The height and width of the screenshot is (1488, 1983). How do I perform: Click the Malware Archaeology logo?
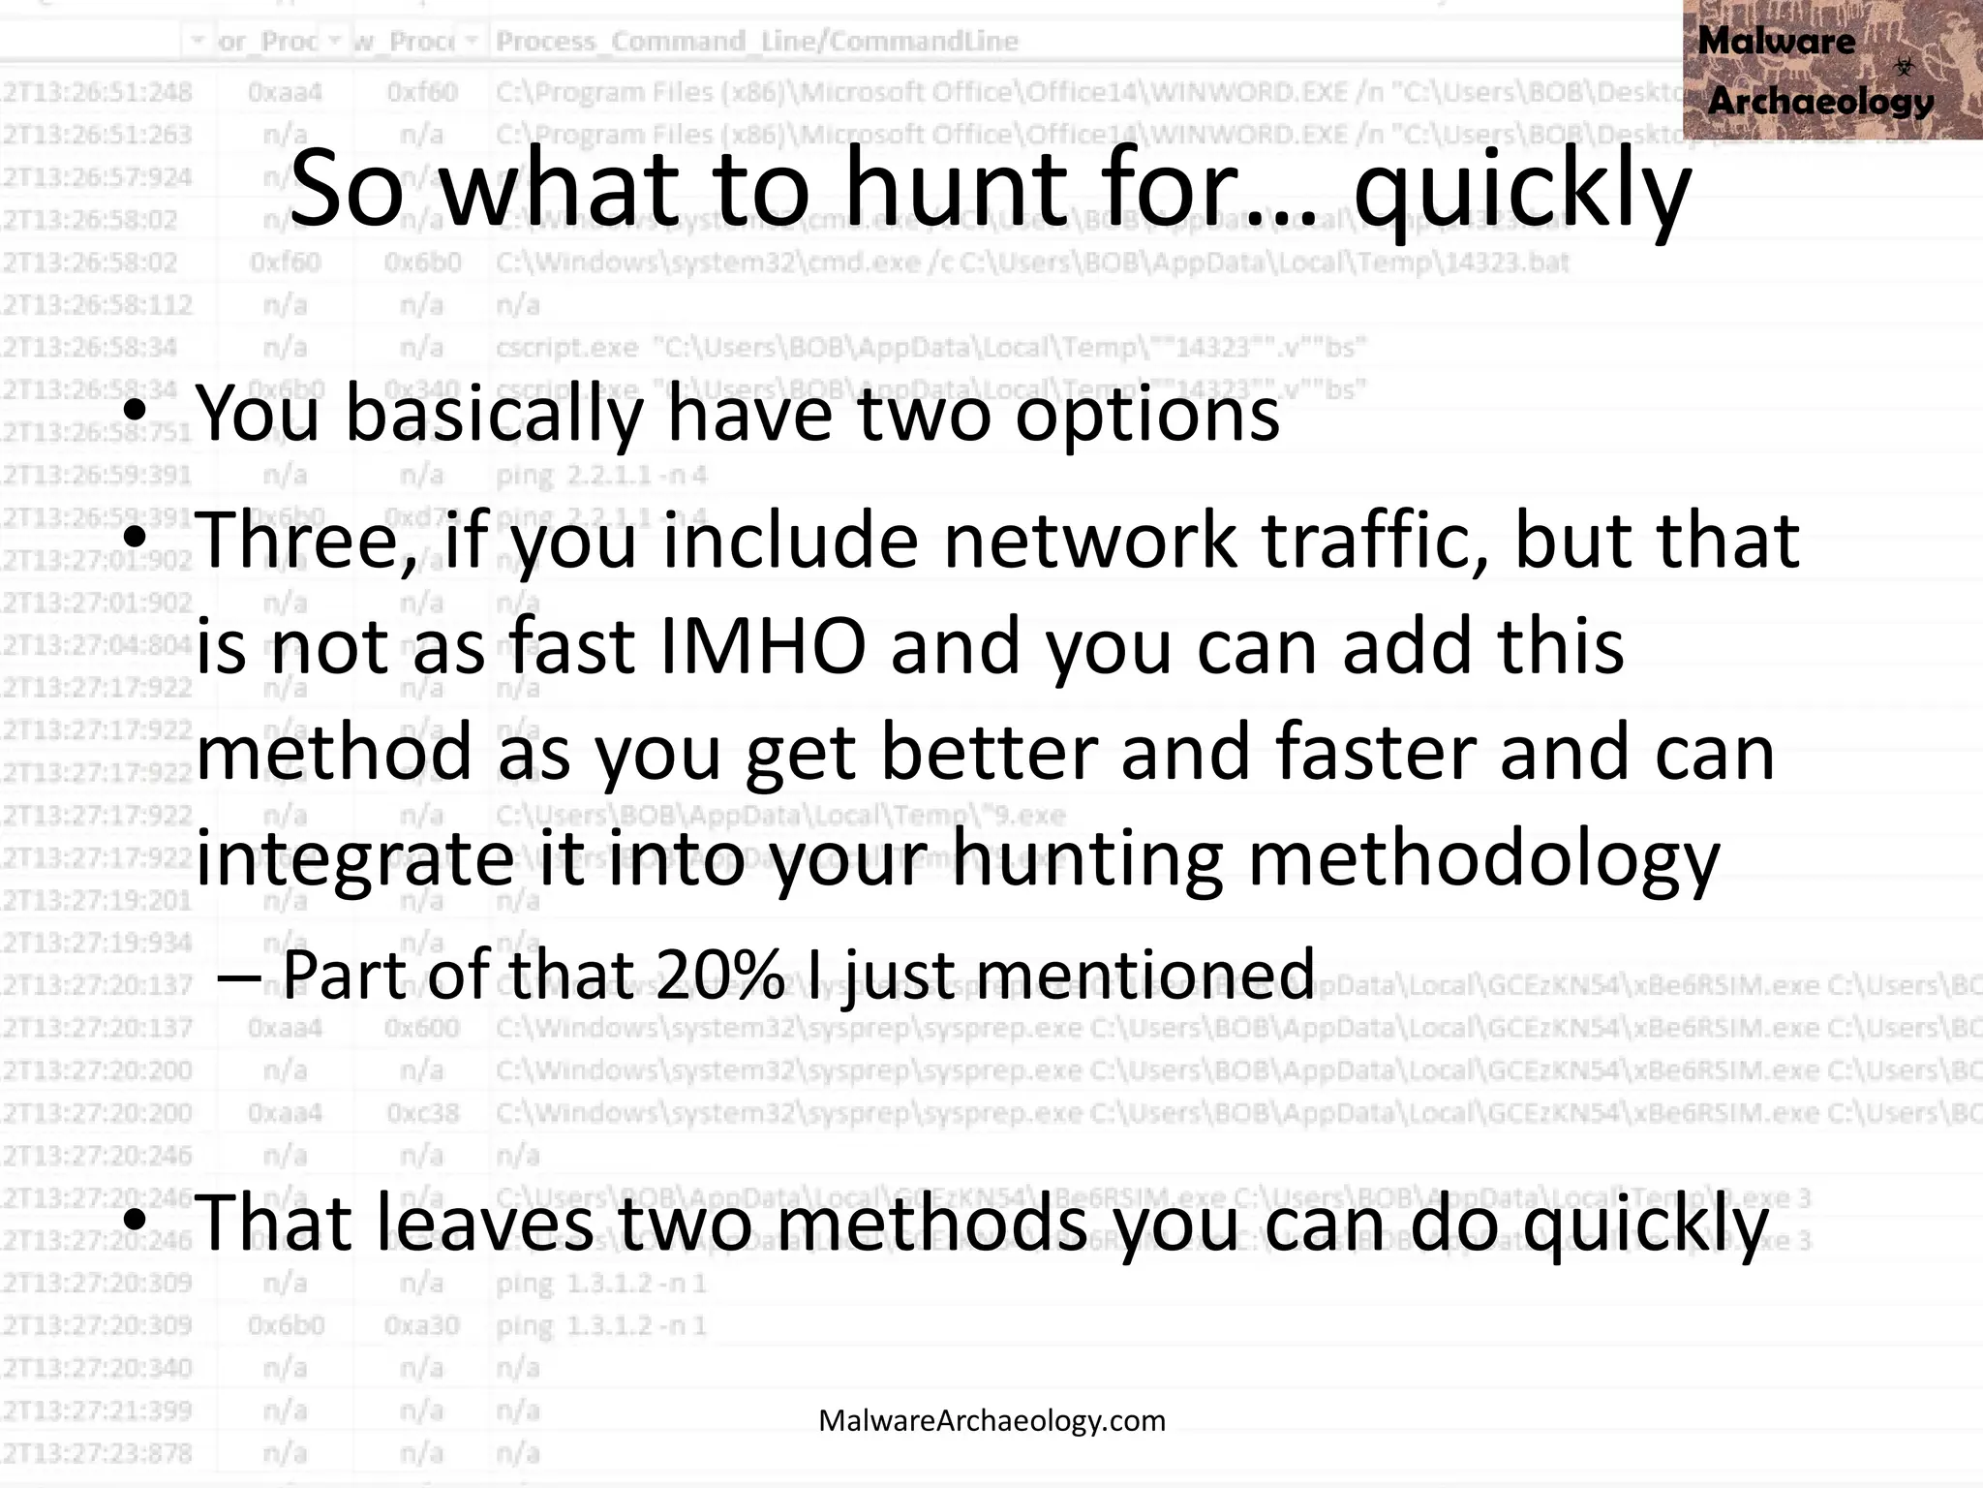(1831, 70)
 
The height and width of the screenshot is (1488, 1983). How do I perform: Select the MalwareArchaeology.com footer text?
(991, 1421)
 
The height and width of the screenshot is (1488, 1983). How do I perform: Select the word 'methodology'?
(1482, 858)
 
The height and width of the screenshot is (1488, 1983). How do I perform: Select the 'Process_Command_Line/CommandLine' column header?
(757, 41)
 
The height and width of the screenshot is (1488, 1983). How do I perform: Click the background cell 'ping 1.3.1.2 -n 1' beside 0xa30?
(601, 1325)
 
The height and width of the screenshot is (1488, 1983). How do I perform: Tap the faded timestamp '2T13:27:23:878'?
(97, 1453)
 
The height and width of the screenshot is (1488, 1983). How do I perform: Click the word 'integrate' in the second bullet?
(354, 858)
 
